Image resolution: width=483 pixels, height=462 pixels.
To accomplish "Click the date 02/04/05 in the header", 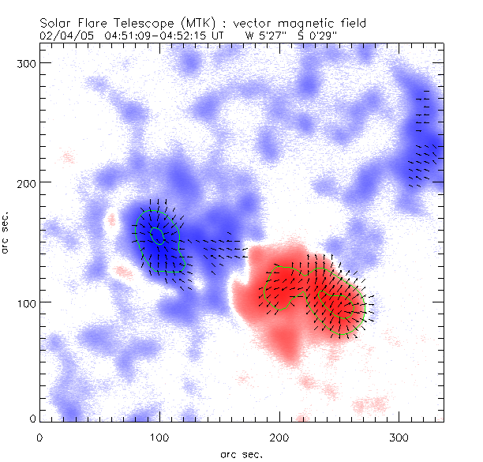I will click(x=62, y=35).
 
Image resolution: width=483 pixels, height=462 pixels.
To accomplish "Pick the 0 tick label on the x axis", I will click(x=39, y=436).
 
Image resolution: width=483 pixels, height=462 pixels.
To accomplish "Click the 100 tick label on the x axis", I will click(x=159, y=436).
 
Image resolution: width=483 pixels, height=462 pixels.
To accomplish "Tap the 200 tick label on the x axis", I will click(x=279, y=436).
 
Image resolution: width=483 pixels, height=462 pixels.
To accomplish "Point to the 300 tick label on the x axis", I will click(x=399, y=436).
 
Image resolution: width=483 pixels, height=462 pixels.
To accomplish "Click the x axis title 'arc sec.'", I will click(x=241, y=453).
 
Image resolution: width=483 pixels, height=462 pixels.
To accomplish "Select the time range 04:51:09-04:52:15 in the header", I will click(x=150, y=35).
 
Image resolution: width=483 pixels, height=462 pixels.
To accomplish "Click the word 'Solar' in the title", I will click(x=55, y=24).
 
